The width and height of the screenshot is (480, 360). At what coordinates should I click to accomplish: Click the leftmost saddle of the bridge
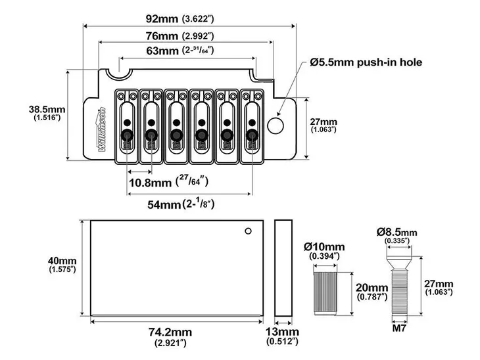coord(127,125)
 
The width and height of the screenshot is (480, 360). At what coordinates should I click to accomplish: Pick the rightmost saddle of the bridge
coord(251,125)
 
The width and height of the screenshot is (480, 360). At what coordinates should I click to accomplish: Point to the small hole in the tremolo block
coord(248,230)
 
